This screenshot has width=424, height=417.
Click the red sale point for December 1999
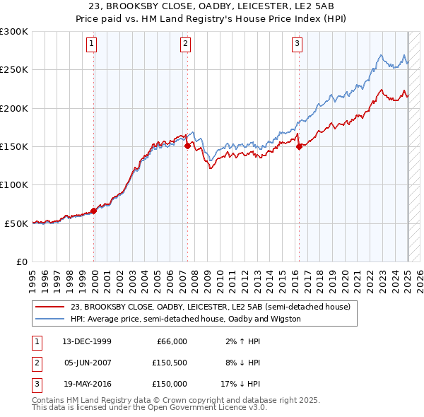tap(93, 211)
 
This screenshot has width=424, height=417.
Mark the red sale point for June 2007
tap(187, 146)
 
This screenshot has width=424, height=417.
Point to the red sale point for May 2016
tap(299, 146)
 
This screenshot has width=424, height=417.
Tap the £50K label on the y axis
tap(16, 223)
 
